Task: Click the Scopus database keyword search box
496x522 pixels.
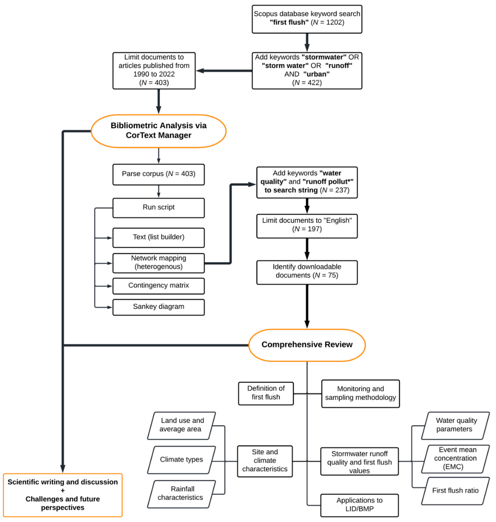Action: click(307, 19)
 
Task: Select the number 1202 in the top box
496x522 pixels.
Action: click(335, 22)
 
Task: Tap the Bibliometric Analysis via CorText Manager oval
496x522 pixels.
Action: click(158, 131)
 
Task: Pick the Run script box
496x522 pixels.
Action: click(158, 208)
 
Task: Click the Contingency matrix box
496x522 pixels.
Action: click(158, 286)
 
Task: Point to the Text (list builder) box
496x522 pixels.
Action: click(158, 237)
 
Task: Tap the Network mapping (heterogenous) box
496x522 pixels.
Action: click(158, 263)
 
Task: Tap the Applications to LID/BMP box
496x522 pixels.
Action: click(359, 505)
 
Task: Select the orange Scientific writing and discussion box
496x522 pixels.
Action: click(63, 495)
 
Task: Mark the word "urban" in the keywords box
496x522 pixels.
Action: click(317, 74)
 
